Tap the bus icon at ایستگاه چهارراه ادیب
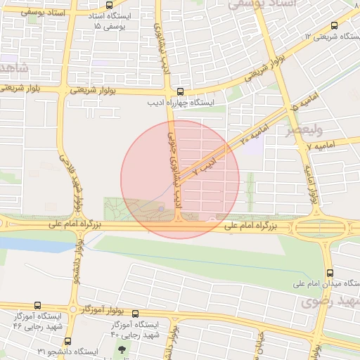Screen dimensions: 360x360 pyautogui.click(x=181, y=91)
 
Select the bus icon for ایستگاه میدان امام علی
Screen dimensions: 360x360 pyautogui.click(x=329, y=274)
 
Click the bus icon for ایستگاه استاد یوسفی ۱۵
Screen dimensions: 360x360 pyautogui.click(x=108, y=6)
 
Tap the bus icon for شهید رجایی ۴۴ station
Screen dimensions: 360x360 pyautogui.click(x=37, y=306)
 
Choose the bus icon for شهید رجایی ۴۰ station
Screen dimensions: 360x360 pyautogui.click(x=135, y=314)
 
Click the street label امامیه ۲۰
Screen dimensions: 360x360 pyautogui.click(x=253, y=132)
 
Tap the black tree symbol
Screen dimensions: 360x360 pyautogui.click(x=124, y=349)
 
